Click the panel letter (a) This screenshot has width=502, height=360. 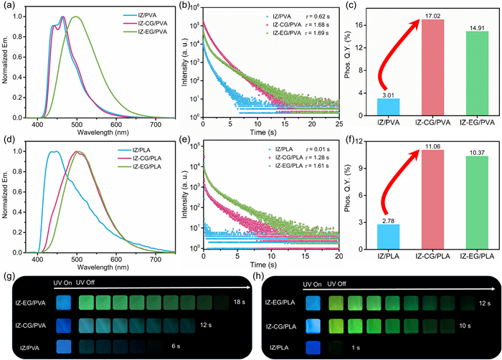pos(11,7)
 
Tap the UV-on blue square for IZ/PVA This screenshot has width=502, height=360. pos(63,347)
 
